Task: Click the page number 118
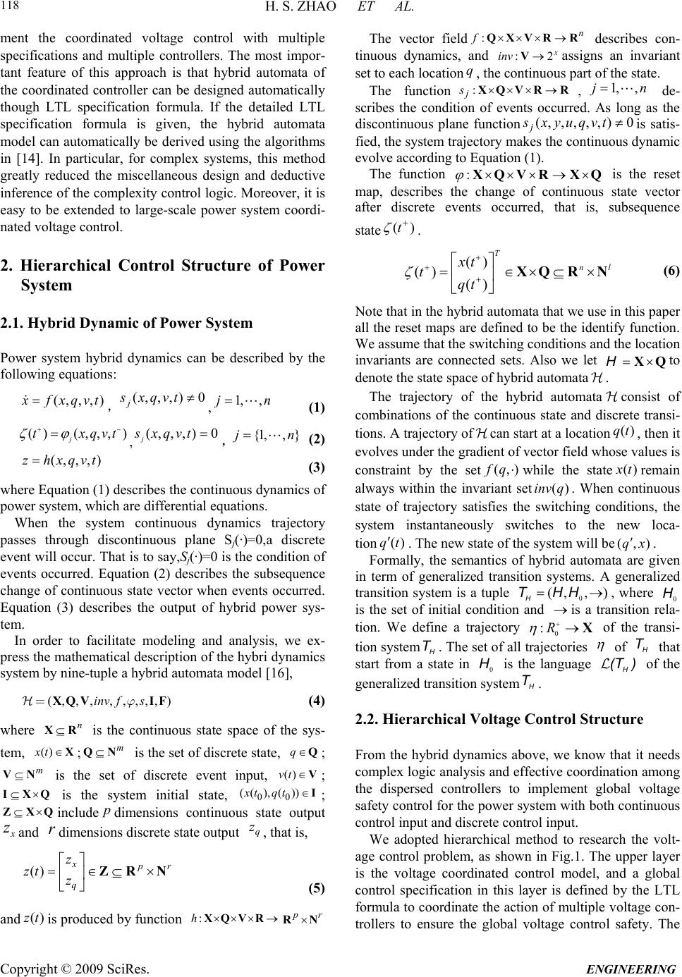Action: (x=13, y=9)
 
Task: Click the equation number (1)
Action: (x=317, y=408)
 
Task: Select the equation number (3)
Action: (x=317, y=468)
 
